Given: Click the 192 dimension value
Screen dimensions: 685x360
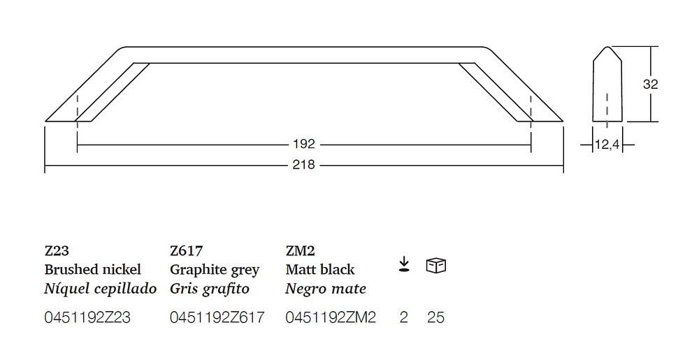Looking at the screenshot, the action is (x=304, y=144).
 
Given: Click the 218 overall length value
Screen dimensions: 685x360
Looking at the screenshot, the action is (x=303, y=165).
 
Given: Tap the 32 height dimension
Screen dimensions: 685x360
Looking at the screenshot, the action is (x=651, y=84).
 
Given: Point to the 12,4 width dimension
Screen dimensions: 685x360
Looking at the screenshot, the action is (x=607, y=144).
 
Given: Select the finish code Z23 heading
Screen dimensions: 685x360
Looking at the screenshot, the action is (x=57, y=251).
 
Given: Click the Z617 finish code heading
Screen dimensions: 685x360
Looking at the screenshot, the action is (x=187, y=251).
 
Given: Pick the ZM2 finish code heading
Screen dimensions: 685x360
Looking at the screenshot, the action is (x=300, y=251).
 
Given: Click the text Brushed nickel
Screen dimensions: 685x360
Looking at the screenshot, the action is (x=92, y=269).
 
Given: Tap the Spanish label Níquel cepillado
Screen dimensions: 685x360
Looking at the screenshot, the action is (x=101, y=288).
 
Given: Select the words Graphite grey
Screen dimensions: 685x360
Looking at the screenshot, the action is (x=215, y=270).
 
